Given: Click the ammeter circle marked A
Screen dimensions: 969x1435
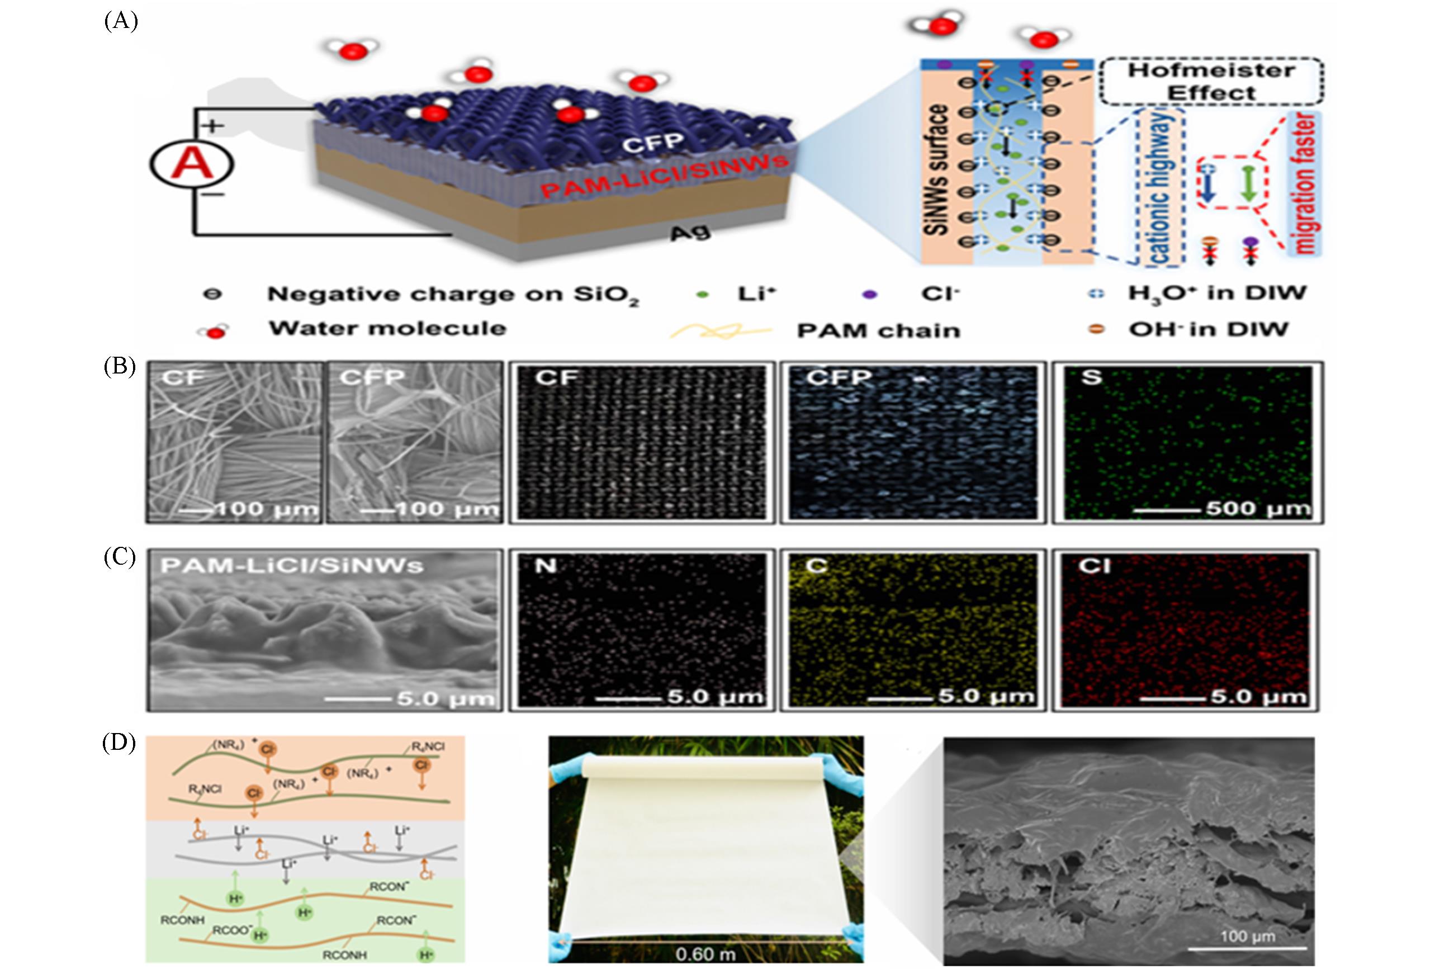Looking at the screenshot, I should (x=191, y=165).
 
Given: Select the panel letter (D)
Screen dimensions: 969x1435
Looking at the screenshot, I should (x=120, y=743).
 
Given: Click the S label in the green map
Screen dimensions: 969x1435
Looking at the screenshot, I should (x=1091, y=377).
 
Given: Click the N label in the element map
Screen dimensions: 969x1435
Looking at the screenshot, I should (x=544, y=565).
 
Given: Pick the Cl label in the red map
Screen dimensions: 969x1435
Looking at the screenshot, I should (x=1094, y=566).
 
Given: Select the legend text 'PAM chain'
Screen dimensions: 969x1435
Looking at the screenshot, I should (x=878, y=330).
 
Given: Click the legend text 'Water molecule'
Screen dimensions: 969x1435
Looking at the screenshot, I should (x=387, y=328).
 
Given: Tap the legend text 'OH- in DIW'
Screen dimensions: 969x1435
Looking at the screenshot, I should (x=1208, y=329).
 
